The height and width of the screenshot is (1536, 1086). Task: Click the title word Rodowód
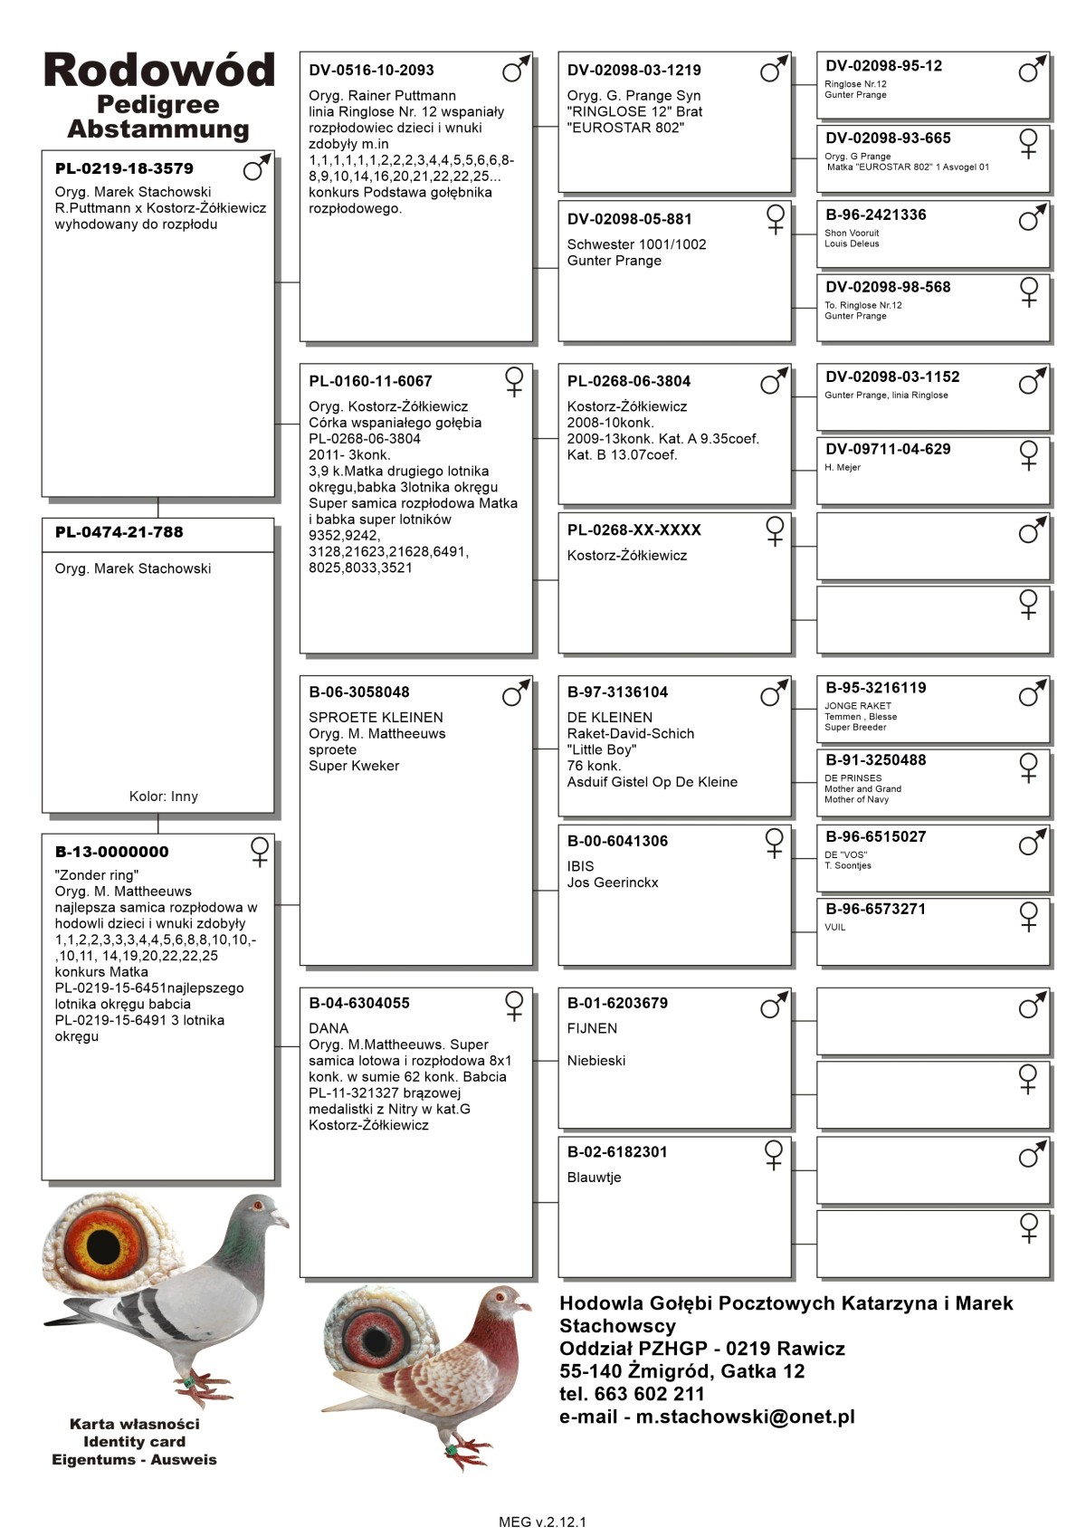(x=158, y=71)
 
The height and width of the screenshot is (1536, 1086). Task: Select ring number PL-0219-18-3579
(x=124, y=168)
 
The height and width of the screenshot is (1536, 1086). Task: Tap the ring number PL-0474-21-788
(x=119, y=532)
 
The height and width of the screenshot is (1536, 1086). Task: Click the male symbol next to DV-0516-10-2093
(x=515, y=69)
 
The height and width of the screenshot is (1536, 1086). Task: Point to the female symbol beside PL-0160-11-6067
(x=514, y=381)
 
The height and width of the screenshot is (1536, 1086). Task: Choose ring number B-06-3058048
(x=359, y=692)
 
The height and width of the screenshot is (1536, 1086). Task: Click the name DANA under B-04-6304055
(x=329, y=1028)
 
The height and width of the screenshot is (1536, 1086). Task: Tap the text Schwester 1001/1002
(x=636, y=244)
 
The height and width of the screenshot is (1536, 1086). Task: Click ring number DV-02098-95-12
(x=883, y=66)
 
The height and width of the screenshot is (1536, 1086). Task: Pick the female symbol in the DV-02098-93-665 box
(x=1029, y=143)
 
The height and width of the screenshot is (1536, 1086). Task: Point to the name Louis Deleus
(x=852, y=243)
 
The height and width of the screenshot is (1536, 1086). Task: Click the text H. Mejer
(x=843, y=468)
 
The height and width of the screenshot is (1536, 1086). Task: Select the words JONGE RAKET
(x=858, y=706)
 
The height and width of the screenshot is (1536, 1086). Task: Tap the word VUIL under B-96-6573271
(x=835, y=928)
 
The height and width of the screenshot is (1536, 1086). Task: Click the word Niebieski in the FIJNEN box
(x=596, y=1061)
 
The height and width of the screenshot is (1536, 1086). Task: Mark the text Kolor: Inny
(x=163, y=797)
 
